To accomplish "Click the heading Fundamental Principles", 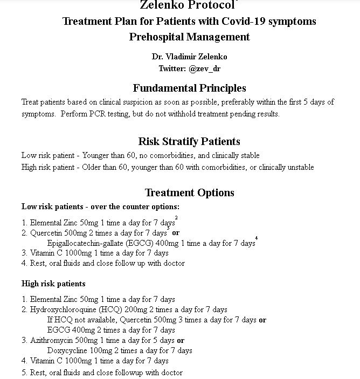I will click(189, 88).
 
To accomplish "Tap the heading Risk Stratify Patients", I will click(189, 141).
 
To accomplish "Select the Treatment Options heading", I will click(189, 192).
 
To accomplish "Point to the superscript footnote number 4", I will click(257, 238).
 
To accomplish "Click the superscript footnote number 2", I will click(176, 217).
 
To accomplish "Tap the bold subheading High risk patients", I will click(53, 284).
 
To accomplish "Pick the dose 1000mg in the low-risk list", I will click(74, 253).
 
